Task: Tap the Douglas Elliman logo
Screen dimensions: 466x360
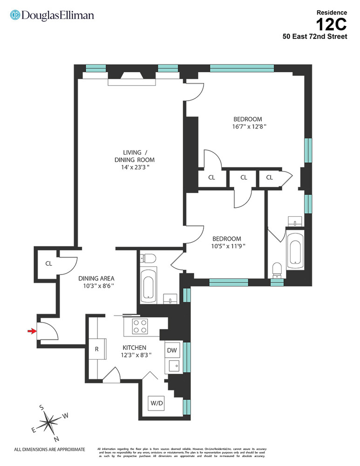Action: click(x=52, y=15)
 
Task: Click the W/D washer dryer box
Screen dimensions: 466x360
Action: click(x=156, y=403)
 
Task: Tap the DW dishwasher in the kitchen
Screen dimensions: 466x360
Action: click(x=172, y=350)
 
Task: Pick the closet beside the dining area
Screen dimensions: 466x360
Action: click(x=48, y=263)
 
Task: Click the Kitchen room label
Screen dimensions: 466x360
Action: click(x=134, y=348)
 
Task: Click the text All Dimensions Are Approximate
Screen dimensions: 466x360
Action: click(x=50, y=450)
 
